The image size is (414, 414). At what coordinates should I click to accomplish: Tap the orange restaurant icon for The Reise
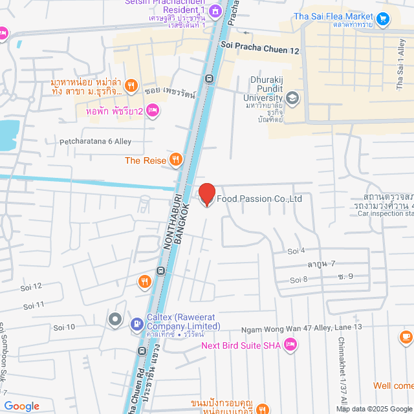click(x=175, y=160)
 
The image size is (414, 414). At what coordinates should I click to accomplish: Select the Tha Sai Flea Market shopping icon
click(x=384, y=19)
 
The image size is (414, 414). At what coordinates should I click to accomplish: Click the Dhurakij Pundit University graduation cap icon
click(x=292, y=98)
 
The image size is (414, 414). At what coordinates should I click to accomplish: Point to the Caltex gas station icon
click(x=137, y=323)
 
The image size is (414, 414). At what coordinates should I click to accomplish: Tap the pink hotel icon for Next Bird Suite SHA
click(x=290, y=345)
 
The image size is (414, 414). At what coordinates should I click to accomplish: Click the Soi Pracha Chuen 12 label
click(x=259, y=49)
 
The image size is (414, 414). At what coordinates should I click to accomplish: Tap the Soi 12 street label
click(x=31, y=286)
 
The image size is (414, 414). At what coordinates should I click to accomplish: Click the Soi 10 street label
click(x=64, y=327)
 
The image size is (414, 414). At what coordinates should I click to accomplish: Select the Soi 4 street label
click(x=296, y=250)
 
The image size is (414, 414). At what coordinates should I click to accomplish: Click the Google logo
click(x=21, y=406)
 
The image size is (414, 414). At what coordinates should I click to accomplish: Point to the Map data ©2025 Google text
click(x=373, y=409)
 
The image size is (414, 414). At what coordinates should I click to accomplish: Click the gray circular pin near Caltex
click(x=115, y=318)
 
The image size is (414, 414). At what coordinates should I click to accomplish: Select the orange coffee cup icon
click(x=406, y=337)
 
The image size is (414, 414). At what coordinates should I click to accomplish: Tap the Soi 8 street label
click(x=298, y=279)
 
